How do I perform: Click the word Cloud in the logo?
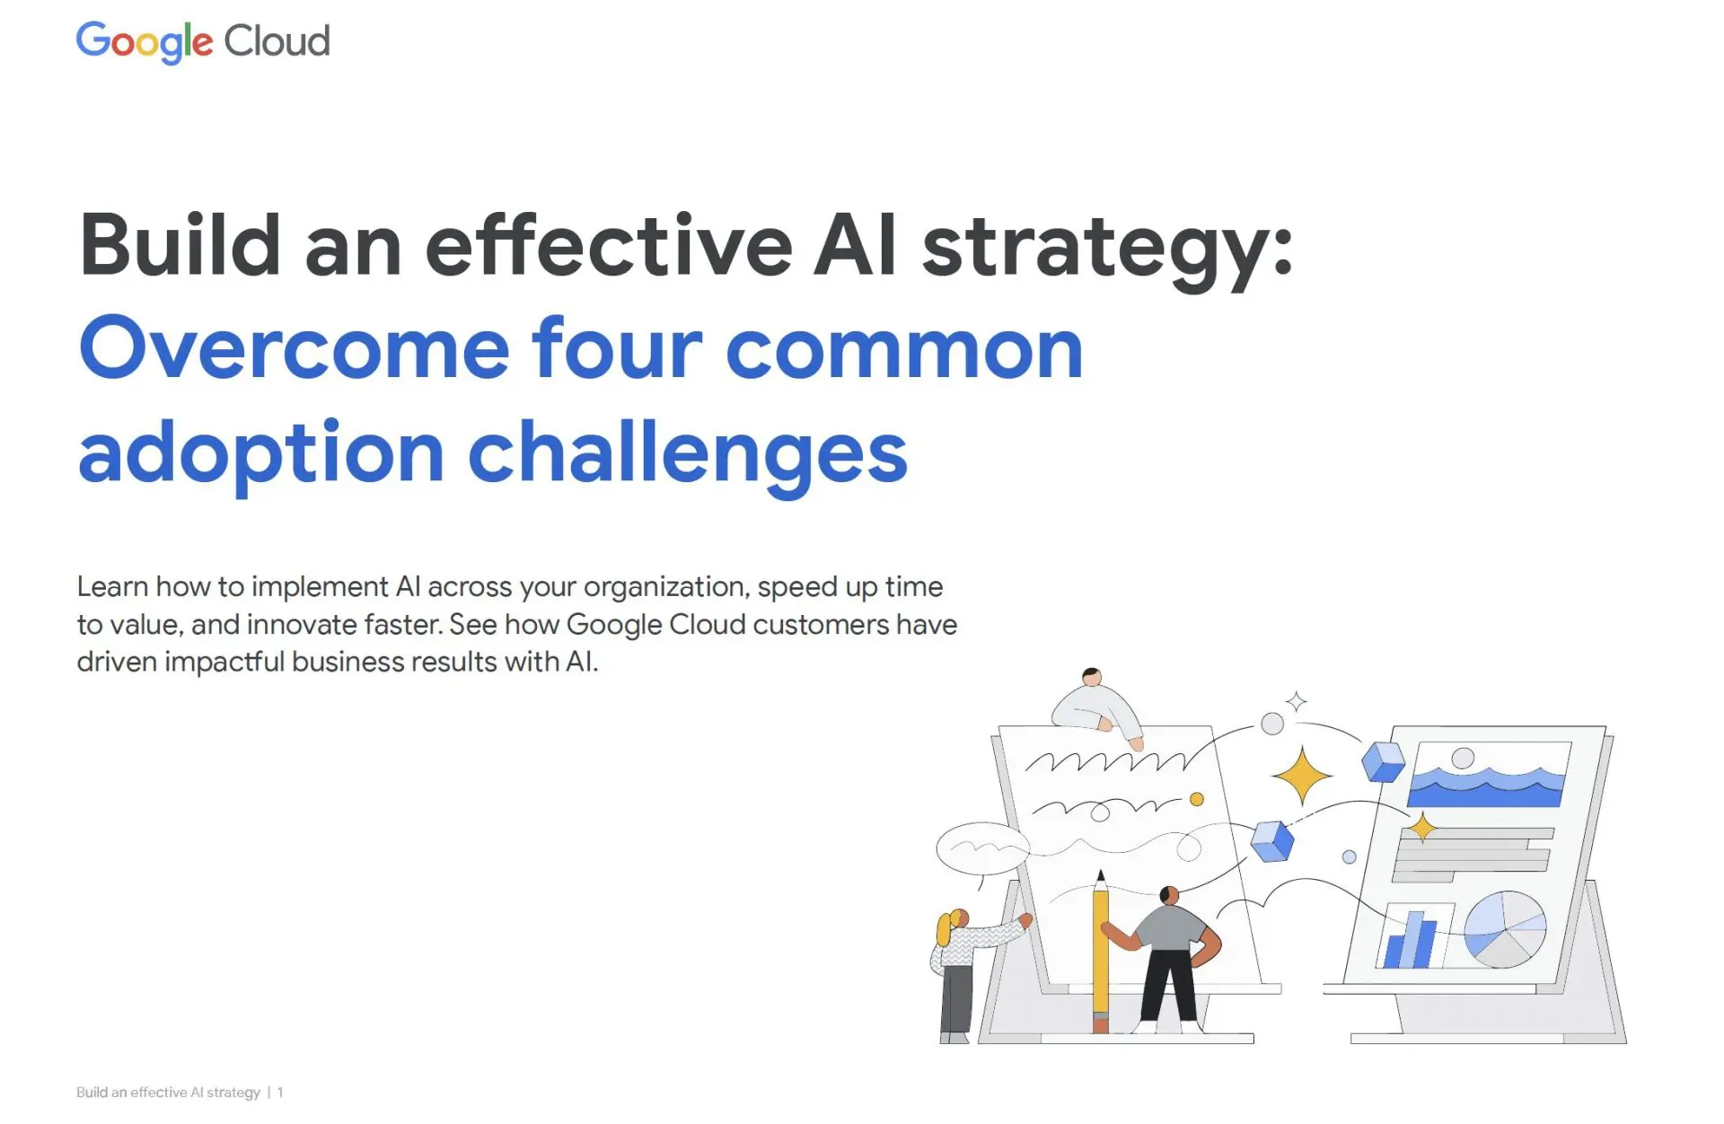pos(277,41)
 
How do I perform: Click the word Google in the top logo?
pos(145,43)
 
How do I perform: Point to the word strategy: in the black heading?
pos(1106,251)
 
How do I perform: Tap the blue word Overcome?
pos(295,348)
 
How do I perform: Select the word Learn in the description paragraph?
pos(112,586)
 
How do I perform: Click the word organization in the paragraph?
pos(665,589)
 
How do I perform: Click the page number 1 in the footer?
pos(280,1093)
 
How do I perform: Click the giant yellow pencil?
pos(1101,952)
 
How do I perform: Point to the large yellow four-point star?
pos(1301,776)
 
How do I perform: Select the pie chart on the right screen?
pos(1505,929)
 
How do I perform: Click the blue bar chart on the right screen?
pos(1411,941)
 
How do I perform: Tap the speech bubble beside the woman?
pos(982,847)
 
